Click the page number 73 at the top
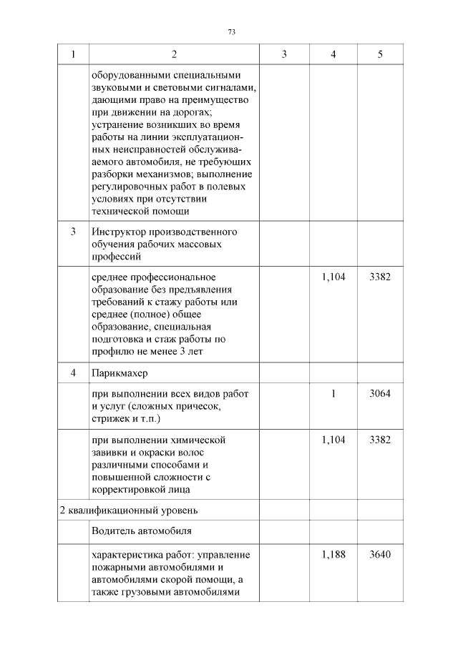231,32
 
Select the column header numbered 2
174,54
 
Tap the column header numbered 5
379,54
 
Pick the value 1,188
333,555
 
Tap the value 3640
379,555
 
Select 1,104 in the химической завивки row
333,440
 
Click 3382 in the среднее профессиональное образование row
379,277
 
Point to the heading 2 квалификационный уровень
128,510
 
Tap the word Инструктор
118,232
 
